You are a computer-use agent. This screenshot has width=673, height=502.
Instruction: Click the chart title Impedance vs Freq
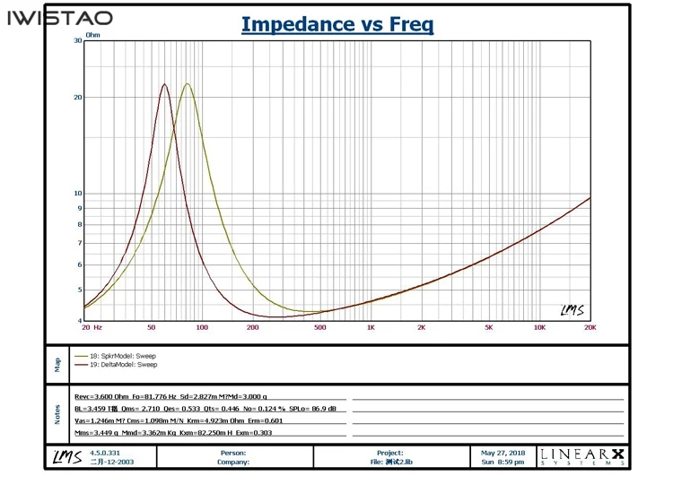[336, 24]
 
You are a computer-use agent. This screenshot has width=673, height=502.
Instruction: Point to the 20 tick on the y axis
[76, 97]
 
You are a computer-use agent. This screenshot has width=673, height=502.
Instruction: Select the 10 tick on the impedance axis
[76, 193]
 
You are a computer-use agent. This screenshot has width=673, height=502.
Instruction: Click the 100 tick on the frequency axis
[202, 328]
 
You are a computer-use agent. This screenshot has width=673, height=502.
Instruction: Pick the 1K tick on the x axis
[371, 328]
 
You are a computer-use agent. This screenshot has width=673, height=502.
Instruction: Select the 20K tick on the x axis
[590, 328]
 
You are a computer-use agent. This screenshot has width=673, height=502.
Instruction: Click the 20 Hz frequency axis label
[92, 328]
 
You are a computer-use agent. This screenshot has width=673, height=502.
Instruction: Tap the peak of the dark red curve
[165, 84]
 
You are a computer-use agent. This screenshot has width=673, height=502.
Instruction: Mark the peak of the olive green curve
[187, 84]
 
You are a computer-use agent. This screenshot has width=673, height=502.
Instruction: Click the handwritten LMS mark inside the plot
[572, 310]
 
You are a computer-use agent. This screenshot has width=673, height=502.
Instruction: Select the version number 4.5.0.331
[105, 453]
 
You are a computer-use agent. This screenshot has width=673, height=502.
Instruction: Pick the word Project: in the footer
[390, 453]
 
